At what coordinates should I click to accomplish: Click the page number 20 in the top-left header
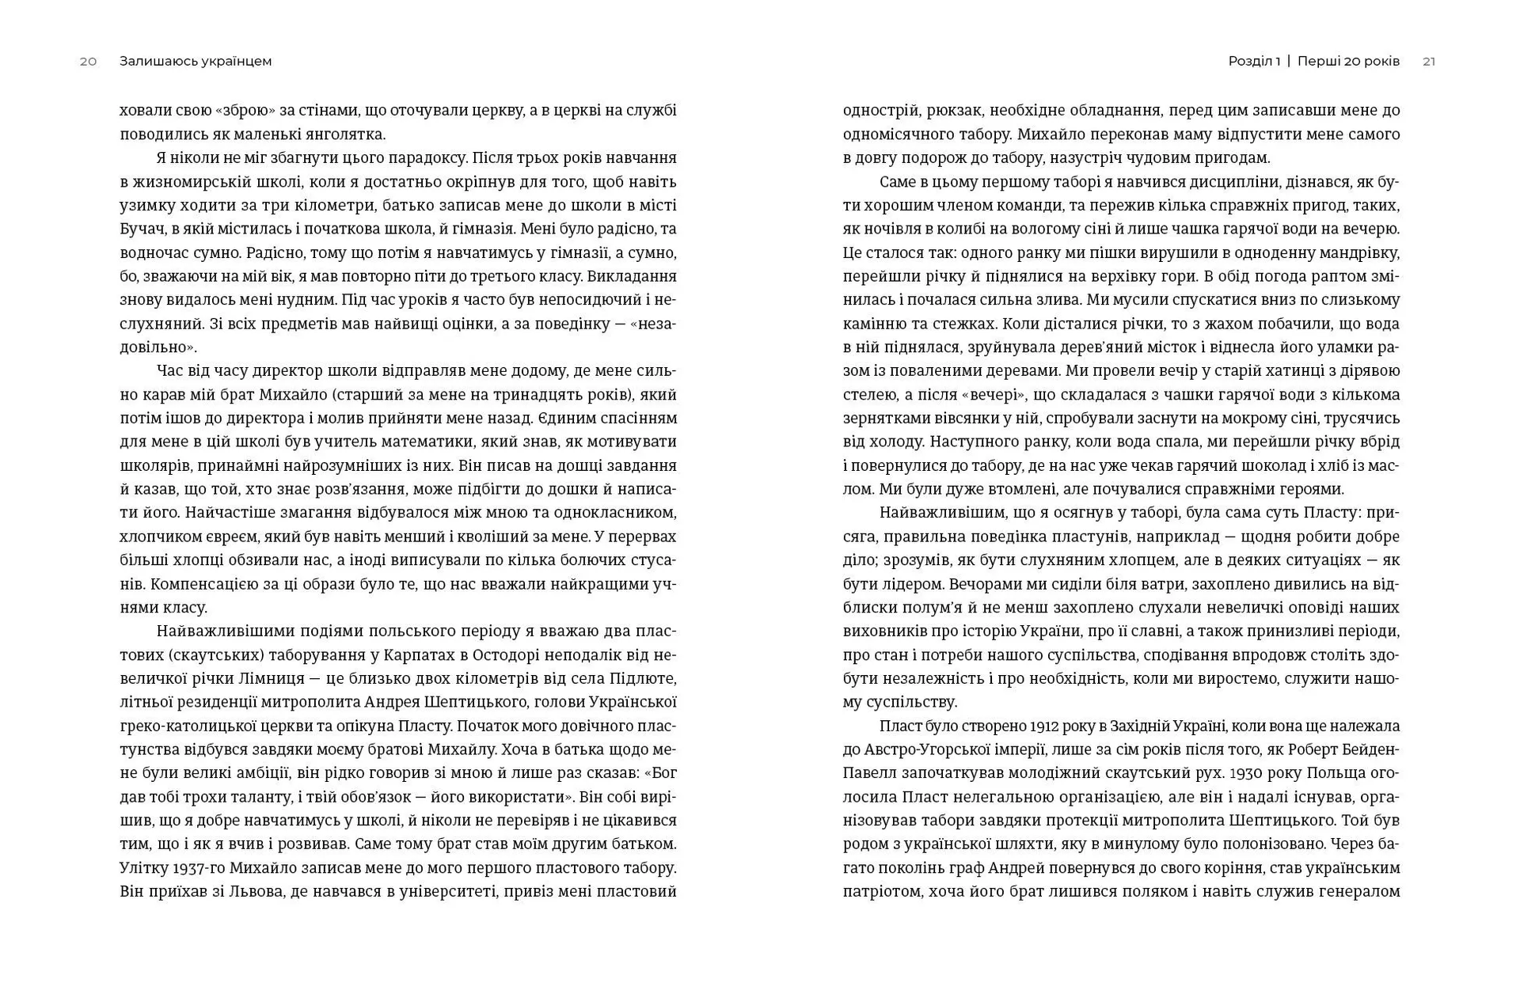(x=88, y=62)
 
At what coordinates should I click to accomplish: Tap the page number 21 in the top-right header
(x=1429, y=62)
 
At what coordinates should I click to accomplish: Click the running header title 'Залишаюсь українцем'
(x=196, y=62)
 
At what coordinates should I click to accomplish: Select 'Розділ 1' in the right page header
(x=1254, y=62)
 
